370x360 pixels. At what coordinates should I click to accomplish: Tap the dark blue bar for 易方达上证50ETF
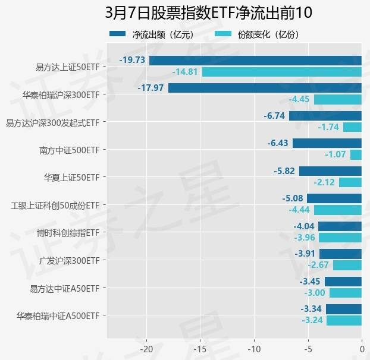255,60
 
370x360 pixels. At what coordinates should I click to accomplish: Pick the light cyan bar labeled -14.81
281,72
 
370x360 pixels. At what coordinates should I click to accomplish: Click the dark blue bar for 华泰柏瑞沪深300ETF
265,88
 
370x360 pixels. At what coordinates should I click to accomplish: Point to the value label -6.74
275,116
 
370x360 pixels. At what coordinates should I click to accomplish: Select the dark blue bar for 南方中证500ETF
327,143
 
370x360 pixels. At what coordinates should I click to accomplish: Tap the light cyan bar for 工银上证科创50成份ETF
337,210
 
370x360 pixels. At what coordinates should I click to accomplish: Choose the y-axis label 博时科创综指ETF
67,232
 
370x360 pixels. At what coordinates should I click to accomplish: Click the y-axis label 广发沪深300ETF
69,260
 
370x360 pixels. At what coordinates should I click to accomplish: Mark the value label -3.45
310,282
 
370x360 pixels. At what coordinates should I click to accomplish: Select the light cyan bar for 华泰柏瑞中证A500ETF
344,320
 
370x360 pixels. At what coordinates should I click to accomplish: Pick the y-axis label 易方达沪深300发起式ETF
52,122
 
